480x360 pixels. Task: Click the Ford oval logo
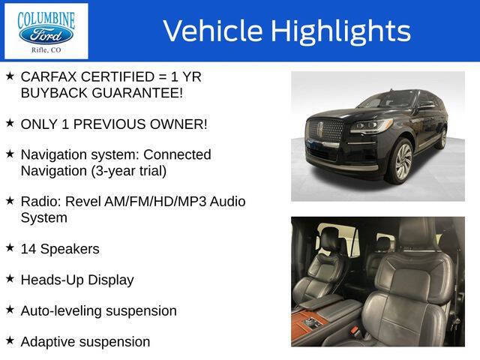[x=46, y=34]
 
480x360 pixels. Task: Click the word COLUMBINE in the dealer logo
[x=46, y=16]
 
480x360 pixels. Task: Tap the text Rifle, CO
[x=46, y=51]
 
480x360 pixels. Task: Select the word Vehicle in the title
[x=211, y=31]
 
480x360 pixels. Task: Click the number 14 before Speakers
[x=28, y=248]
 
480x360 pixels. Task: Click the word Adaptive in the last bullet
[x=49, y=341]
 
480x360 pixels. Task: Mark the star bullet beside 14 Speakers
[x=10, y=247]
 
